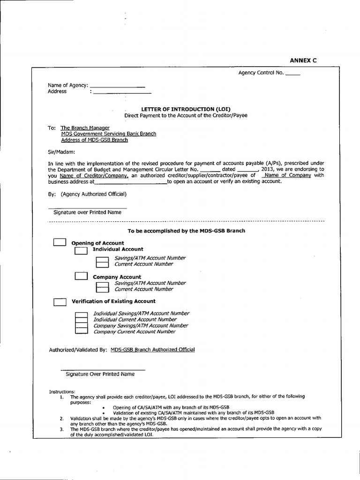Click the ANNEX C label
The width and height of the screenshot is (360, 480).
(x=303, y=60)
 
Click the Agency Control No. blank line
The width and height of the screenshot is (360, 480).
(x=292, y=74)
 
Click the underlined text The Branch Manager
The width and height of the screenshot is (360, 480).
(x=85, y=127)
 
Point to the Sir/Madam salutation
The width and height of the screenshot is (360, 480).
(x=61, y=151)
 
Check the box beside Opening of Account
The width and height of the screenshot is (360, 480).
(x=60, y=242)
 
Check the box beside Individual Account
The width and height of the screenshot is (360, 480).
(x=81, y=250)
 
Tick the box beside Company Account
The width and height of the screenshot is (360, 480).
(x=81, y=277)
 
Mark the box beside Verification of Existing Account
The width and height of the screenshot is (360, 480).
(x=60, y=301)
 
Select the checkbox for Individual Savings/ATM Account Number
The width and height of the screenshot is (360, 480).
(x=82, y=314)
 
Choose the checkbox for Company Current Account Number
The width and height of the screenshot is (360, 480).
(x=82, y=331)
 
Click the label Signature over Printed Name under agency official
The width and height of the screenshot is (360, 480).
(x=87, y=212)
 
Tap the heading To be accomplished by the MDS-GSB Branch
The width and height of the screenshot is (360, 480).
(x=186, y=231)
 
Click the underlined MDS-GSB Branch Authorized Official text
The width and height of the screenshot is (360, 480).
(x=153, y=349)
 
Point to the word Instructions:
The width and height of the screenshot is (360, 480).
(x=62, y=391)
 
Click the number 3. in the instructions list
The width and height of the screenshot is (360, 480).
(x=61, y=429)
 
